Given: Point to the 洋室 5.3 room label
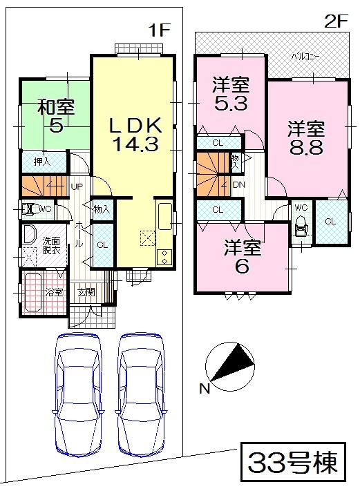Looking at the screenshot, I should coord(230,95).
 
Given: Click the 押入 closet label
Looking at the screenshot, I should coord(42,162).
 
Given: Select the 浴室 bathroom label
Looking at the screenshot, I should coord(54,292).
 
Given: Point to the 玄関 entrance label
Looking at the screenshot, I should coord(86,292).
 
